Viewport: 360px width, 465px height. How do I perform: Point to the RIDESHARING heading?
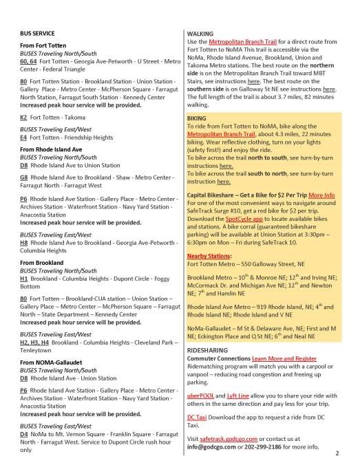211,349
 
